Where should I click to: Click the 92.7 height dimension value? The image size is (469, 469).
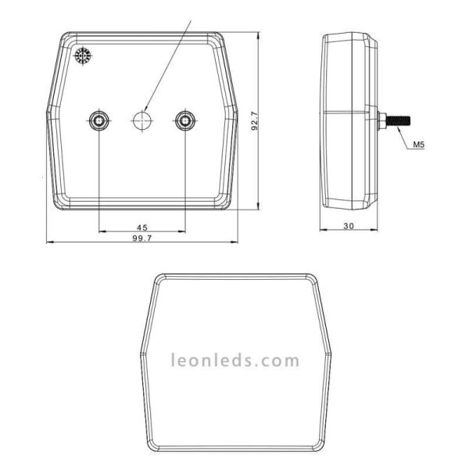[255, 121]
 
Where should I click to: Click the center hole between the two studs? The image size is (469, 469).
[141, 120]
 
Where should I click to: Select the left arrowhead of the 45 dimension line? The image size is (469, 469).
[101, 231]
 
